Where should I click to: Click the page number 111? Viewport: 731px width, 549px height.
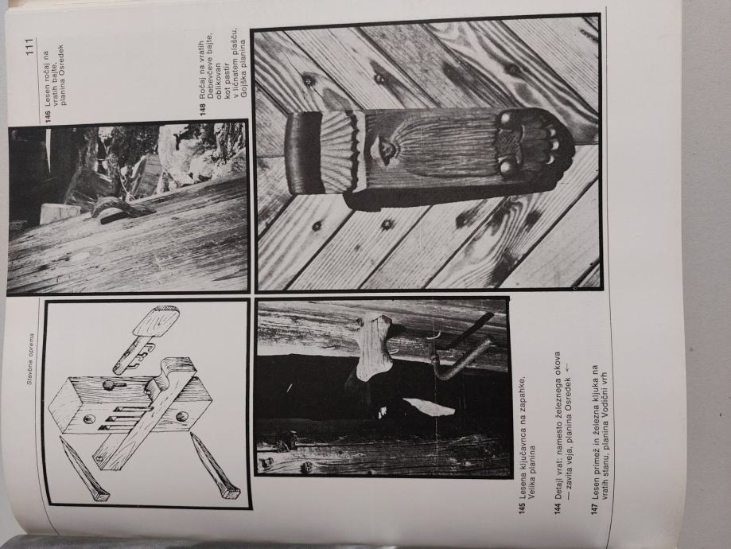(x=30, y=48)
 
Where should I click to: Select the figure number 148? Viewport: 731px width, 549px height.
(x=203, y=108)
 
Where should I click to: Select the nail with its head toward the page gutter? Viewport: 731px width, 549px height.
(x=83, y=470)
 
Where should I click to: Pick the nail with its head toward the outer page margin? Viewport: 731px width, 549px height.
(x=215, y=465)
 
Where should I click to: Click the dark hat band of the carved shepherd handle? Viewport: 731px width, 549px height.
(x=303, y=154)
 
